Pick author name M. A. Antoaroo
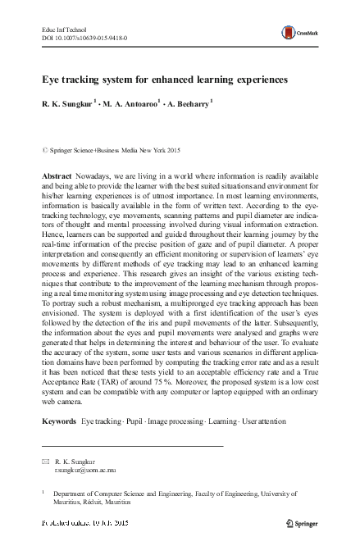128,104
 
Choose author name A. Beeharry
185,104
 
